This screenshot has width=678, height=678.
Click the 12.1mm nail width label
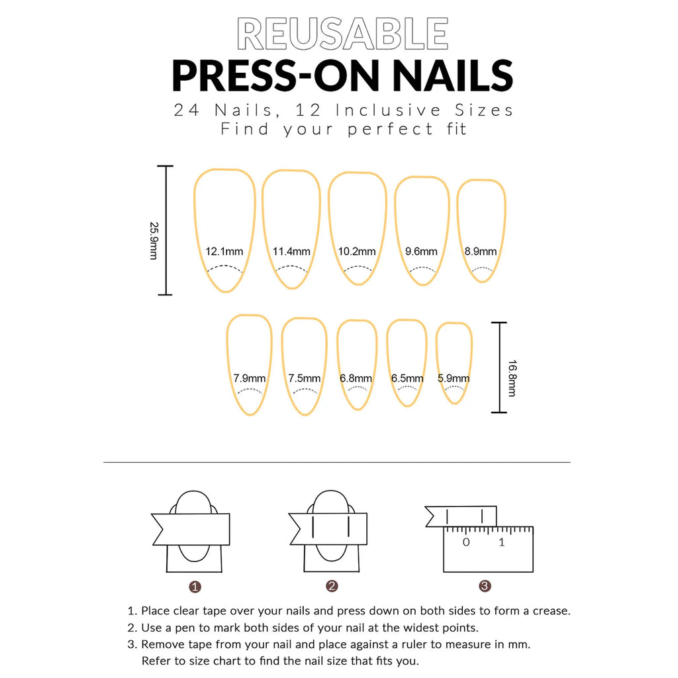click(224, 252)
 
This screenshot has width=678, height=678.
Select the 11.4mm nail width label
click(291, 252)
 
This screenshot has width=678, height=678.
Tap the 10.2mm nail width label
click(357, 252)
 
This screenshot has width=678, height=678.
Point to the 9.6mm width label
click(421, 252)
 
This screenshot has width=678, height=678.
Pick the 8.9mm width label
click(480, 252)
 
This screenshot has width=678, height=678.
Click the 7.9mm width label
click(250, 379)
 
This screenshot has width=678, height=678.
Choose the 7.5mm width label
click(305, 379)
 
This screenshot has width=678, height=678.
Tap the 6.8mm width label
click(356, 379)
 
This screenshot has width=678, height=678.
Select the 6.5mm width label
click(407, 379)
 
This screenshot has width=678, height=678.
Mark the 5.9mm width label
click(454, 379)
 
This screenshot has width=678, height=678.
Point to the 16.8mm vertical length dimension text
click(512, 377)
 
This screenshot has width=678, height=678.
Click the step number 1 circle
click(195, 587)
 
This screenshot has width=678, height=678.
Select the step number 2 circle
click(332, 586)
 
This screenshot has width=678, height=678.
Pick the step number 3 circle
click(485, 586)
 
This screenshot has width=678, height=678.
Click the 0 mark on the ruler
click(466, 542)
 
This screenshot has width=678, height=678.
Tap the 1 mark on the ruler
click(501, 542)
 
